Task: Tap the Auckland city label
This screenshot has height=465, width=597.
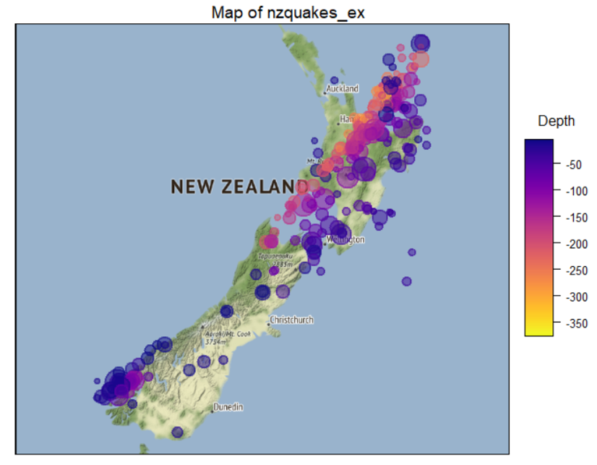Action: [342, 89]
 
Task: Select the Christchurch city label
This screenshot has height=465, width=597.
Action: [291, 320]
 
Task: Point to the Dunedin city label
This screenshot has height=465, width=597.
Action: [228, 408]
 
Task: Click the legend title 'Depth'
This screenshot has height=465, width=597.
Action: [556, 121]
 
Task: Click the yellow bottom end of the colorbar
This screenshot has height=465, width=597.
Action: [539, 332]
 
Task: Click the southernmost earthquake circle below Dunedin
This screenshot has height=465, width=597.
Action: [177, 432]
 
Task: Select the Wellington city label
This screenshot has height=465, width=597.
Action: [347, 239]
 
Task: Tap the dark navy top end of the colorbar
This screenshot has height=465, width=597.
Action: [539, 143]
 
